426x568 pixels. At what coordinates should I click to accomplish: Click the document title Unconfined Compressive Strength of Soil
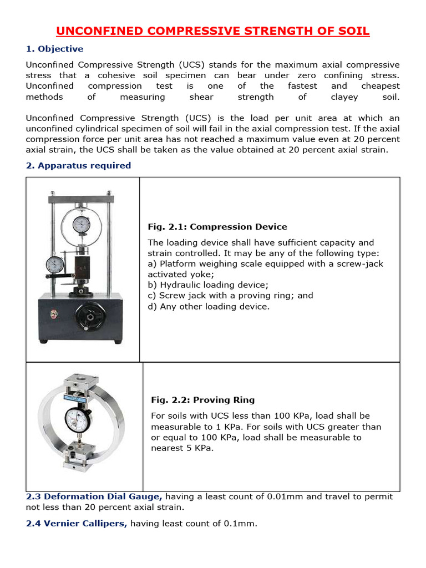tap(213, 31)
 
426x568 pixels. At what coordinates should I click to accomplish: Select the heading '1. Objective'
tap(54, 49)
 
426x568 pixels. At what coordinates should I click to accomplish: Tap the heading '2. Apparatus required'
tap(78, 165)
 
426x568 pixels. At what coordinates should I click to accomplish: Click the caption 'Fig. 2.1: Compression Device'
tap(217, 227)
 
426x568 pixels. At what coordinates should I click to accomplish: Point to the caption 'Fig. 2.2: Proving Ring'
tap(203, 400)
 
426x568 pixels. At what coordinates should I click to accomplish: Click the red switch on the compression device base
tap(53, 314)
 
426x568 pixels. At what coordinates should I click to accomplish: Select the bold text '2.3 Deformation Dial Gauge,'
tap(94, 497)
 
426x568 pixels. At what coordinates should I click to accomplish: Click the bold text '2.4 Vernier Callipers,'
tap(77, 523)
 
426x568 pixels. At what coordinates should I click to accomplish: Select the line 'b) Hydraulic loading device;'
tap(208, 285)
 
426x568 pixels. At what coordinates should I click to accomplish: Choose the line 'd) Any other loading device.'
tap(209, 306)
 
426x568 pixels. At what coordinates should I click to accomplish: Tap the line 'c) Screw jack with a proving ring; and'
tap(230, 296)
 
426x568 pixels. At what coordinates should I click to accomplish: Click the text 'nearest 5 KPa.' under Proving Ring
tap(182, 448)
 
